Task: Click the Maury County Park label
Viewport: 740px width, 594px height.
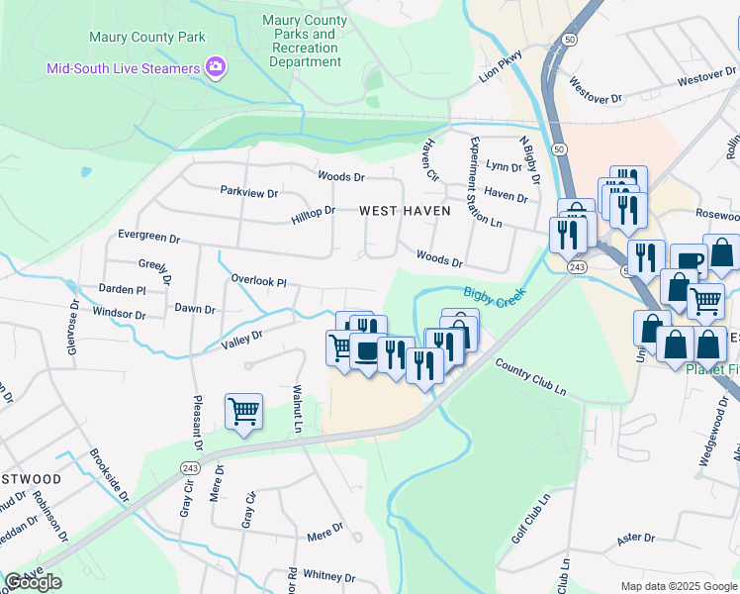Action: pyautogui.click(x=147, y=38)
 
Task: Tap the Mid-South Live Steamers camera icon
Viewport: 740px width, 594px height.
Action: pyautogui.click(x=215, y=67)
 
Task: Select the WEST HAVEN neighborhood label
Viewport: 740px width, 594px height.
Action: pyautogui.click(x=404, y=211)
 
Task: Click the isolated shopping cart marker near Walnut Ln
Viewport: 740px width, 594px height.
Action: pyautogui.click(x=243, y=411)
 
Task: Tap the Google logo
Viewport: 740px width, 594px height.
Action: pyautogui.click(x=33, y=582)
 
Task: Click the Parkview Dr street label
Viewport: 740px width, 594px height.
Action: pyautogui.click(x=249, y=191)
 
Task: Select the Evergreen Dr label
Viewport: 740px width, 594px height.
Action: pyautogui.click(x=148, y=239)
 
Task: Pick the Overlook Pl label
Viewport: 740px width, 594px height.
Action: pyautogui.click(x=258, y=281)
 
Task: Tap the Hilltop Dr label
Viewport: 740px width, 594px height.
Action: pyautogui.click(x=314, y=211)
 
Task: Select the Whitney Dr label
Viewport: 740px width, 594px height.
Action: pyautogui.click(x=328, y=575)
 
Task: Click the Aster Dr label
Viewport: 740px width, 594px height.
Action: pyautogui.click(x=636, y=538)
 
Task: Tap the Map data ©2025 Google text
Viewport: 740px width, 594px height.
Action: pyautogui.click(x=677, y=586)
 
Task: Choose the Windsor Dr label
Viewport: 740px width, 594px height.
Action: pyautogui.click(x=119, y=314)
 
